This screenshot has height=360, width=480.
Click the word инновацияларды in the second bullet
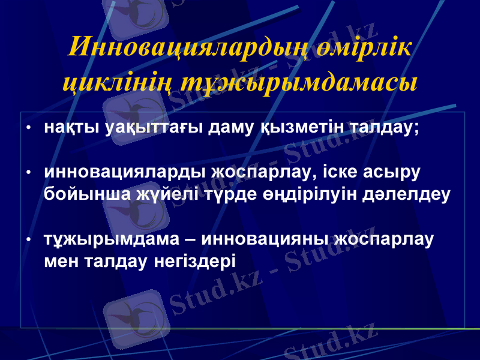[x=125, y=173]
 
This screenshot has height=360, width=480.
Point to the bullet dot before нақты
[x=28, y=129]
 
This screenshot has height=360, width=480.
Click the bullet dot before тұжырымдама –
[x=28, y=240]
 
